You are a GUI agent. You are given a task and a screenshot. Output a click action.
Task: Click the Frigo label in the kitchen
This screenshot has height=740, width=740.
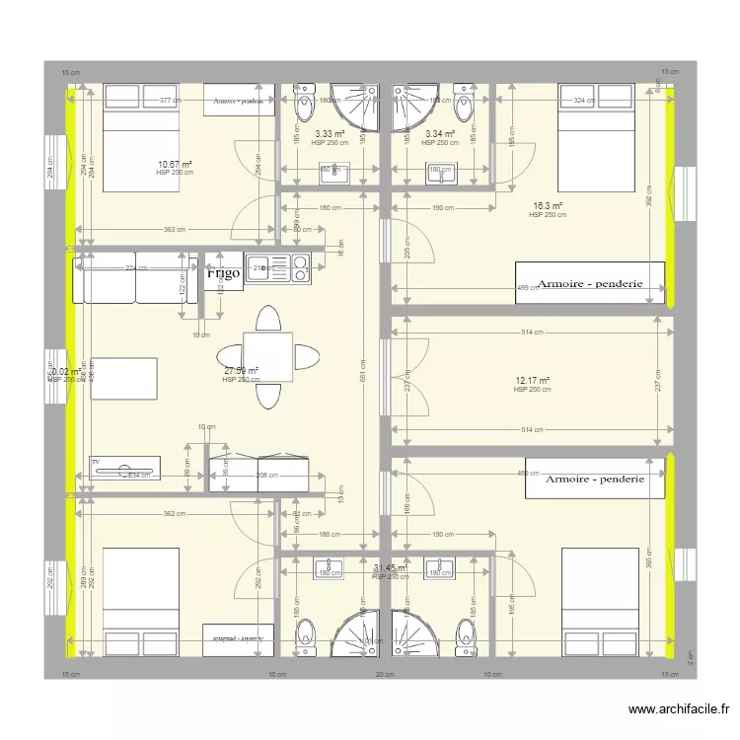224,273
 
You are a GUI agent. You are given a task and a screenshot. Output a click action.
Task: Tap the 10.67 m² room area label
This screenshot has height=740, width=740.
175,165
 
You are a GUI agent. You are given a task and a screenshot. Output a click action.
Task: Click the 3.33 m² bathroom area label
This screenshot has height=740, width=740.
330,134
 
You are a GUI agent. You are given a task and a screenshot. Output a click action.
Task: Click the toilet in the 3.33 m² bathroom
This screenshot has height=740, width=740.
300,103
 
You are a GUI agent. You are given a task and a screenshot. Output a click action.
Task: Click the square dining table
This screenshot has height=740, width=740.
267,356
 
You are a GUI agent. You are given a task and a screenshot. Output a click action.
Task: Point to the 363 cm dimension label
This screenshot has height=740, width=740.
174,230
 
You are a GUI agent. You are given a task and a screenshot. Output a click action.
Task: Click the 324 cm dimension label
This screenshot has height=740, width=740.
584,101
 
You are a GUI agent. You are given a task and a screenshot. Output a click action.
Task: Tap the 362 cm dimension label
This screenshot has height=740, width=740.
174,513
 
